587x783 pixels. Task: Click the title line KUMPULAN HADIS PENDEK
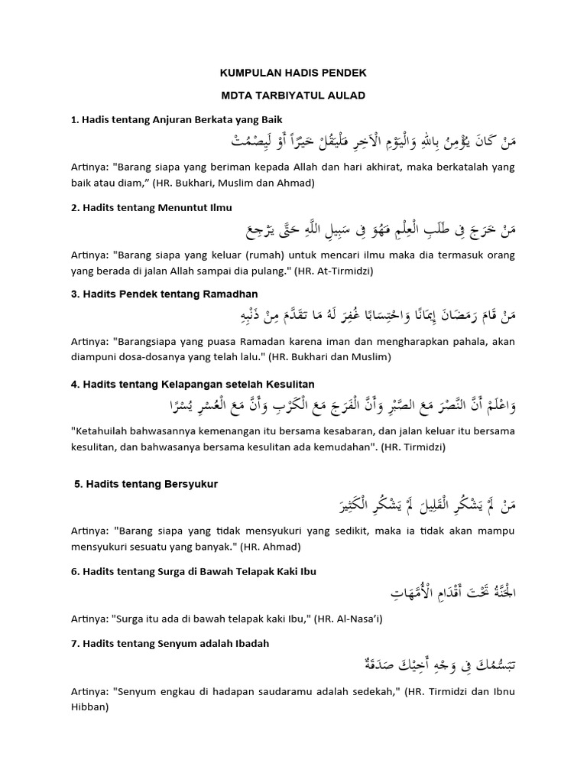[293, 73]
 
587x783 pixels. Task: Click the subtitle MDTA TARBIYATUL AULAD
[293, 96]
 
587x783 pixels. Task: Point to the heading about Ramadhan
[164, 294]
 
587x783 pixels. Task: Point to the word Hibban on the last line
[89, 707]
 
